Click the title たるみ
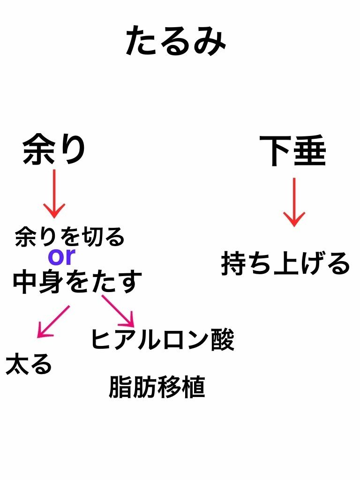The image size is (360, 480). coord(176,41)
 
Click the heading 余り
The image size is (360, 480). coord(54,149)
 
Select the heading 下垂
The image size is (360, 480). coord(293,151)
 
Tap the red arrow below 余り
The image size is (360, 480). coord(54,193)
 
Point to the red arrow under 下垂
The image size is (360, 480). coord(294,202)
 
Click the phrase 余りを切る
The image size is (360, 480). coord(70,237)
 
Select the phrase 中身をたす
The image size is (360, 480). coord(77,281)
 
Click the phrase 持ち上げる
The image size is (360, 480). coord(285,263)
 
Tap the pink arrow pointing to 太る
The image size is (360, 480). coord(52,322)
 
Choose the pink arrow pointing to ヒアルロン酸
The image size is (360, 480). coord(119,311)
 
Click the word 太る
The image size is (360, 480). coord(29,364)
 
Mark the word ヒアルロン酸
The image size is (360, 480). coord(162,339)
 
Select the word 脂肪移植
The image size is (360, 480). coord(157,387)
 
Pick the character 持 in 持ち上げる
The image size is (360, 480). coord(233,263)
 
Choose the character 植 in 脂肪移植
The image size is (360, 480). coord(193,387)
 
